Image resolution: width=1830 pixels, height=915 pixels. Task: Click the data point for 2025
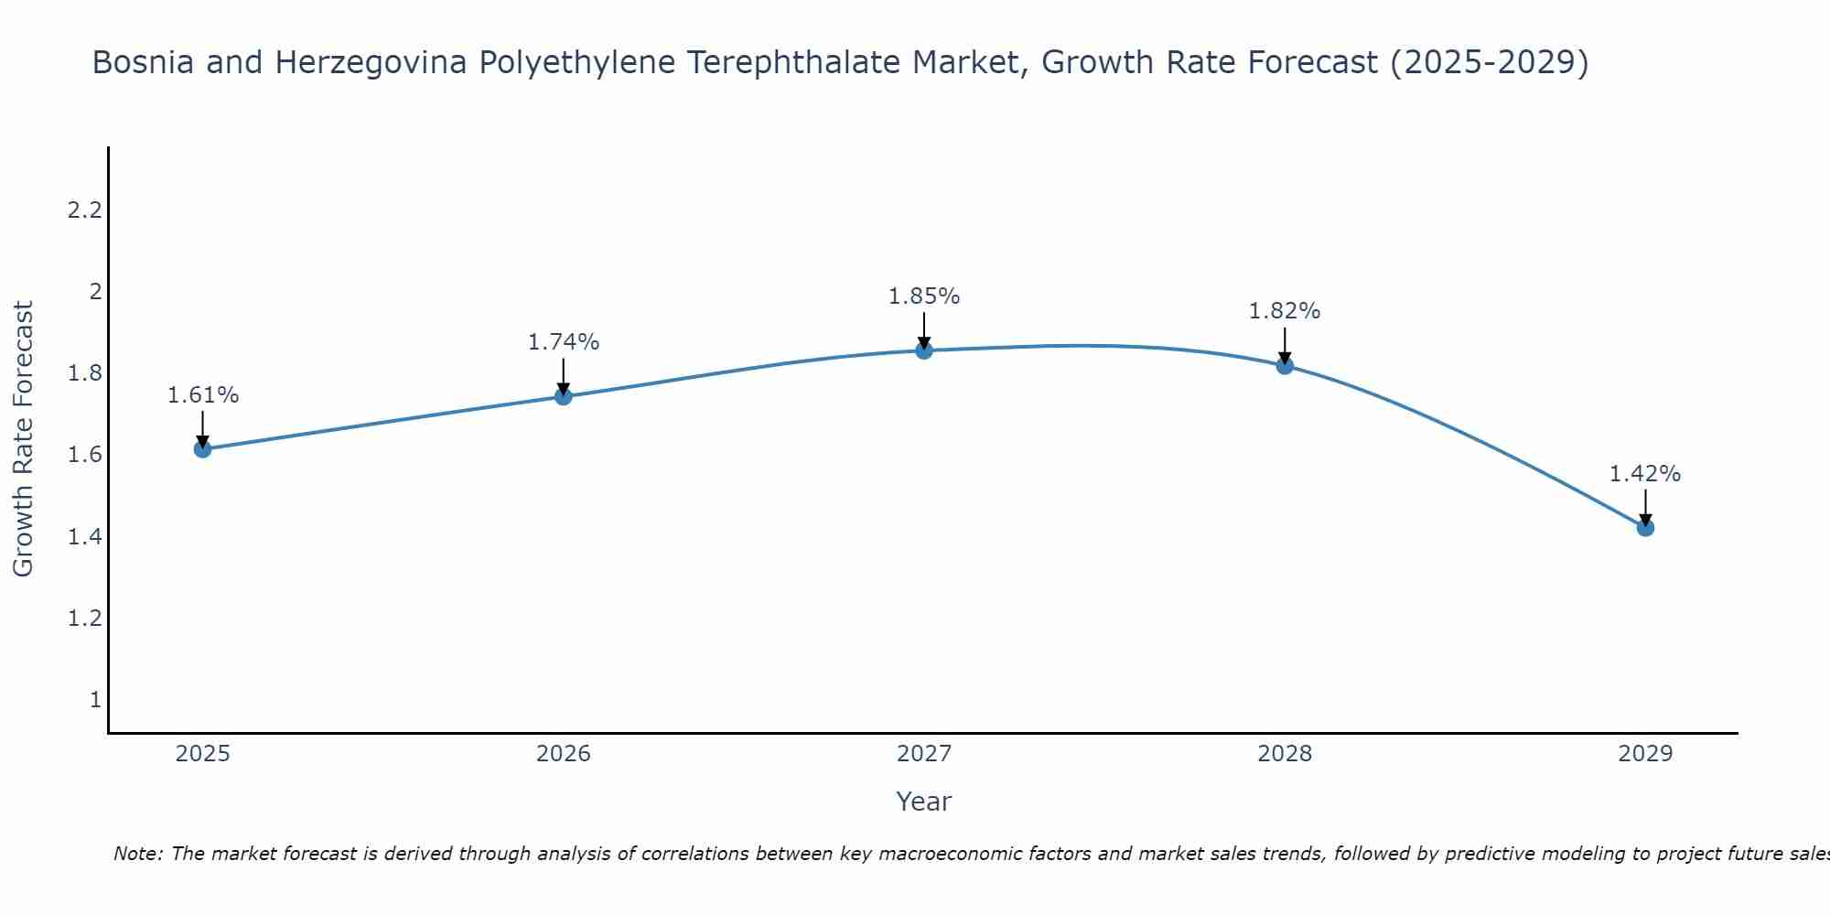click(x=202, y=449)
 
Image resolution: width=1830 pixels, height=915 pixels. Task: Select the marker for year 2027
click(x=924, y=350)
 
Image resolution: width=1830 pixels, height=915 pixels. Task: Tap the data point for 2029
click(x=1645, y=528)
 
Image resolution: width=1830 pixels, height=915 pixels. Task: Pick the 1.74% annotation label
click(x=564, y=342)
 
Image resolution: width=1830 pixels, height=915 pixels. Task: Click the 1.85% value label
click(x=924, y=296)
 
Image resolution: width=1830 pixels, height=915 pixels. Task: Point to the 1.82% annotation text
click(x=1285, y=311)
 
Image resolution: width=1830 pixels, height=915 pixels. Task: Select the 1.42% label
click(x=1645, y=474)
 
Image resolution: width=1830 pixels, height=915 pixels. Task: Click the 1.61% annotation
click(x=203, y=395)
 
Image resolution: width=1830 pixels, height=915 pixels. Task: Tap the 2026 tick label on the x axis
click(x=564, y=754)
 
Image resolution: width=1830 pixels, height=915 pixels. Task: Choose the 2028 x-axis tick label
click(x=1285, y=754)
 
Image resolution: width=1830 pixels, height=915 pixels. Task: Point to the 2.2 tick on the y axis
click(x=84, y=210)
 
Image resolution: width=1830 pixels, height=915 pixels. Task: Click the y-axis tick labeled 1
click(x=95, y=700)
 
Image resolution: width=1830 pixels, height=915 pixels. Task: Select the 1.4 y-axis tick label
click(x=84, y=537)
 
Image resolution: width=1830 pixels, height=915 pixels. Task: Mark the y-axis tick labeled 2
click(x=95, y=292)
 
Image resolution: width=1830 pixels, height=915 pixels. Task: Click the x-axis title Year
click(x=924, y=802)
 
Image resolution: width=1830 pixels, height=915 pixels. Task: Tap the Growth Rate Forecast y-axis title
click(x=23, y=439)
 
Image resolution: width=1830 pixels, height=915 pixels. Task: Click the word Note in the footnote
click(x=137, y=854)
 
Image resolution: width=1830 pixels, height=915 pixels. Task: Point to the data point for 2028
click(x=1285, y=366)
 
